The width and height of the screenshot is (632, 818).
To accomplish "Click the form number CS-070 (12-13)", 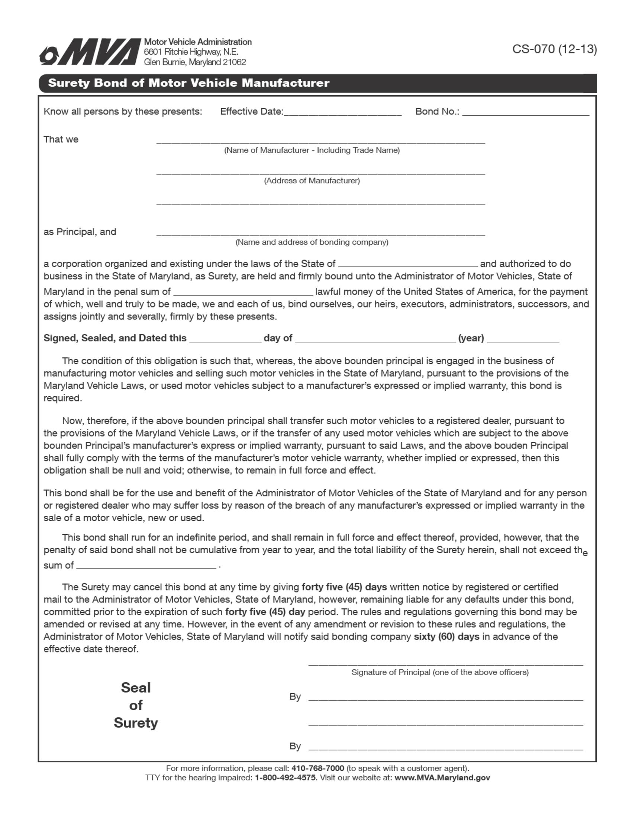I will [x=554, y=49].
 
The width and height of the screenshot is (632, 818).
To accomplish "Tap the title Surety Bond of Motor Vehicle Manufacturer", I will [x=189, y=83].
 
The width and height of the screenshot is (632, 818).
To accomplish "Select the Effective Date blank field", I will [x=343, y=112].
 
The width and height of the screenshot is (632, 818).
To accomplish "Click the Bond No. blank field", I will [x=525, y=112].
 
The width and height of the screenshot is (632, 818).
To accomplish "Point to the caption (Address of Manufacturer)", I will [x=312, y=181].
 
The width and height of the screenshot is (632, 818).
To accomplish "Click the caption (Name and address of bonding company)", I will [x=312, y=242].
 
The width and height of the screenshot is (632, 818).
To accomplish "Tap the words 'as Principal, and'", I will [x=80, y=232].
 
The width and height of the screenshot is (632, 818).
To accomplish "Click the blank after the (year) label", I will [x=523, y=338].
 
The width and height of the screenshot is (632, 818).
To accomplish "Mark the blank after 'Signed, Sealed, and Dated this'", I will [x=225, y=338].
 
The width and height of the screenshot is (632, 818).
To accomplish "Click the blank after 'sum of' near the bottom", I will [x=146, y=565].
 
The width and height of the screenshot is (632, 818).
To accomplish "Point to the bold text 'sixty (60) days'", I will [x=446, y=637].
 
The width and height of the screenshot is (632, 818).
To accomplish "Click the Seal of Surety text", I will [x=136, y=705].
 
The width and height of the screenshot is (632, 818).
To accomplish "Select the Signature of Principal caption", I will [x=440, y=672].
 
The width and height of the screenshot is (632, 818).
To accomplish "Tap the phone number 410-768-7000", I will [x=317, y=768].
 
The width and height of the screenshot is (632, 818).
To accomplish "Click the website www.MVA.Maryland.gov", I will [x=442, y=777].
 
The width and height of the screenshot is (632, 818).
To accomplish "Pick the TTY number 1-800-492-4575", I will [x=285, y=777].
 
